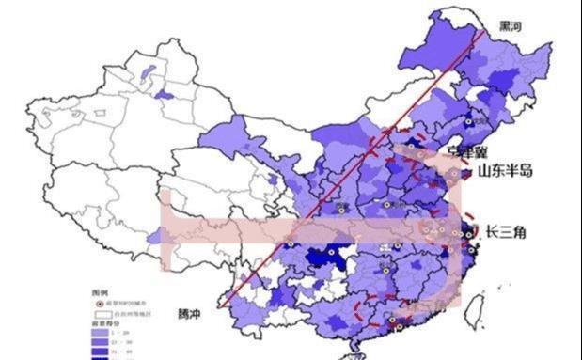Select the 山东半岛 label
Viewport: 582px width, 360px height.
point(506,171)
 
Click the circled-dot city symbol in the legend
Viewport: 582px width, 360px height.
point(97,303)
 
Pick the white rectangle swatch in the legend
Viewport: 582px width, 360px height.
point(97,313)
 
